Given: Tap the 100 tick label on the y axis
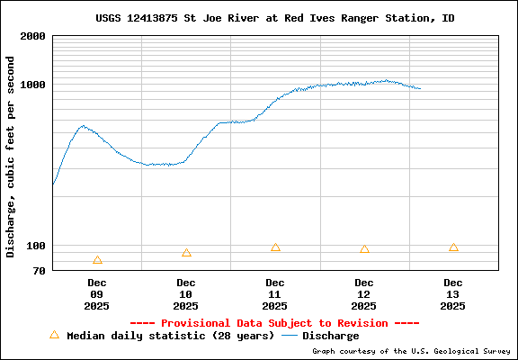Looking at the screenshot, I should click(x=35, y=246).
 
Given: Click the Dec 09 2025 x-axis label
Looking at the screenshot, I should click(x=97, y=294).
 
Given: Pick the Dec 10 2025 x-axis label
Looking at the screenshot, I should click(x=186, y=294).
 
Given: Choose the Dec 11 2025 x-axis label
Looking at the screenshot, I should click(x=275, y=294).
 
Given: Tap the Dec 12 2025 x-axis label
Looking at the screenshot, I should click(x=364, y=294).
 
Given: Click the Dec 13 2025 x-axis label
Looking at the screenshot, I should click(x=453, y=294).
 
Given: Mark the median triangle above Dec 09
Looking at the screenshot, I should click(x=97, y=260).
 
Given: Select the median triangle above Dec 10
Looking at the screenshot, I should click(x=186, y=253).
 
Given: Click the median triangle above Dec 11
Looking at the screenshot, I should click(x=275, y=247).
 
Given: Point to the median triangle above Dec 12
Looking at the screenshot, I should click(x=364, y=249).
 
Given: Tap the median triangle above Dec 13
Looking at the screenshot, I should click(x=453, y=247).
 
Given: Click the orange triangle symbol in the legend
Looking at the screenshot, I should click(x=54, y=335).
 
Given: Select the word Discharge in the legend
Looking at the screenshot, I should click(x=330, y=336).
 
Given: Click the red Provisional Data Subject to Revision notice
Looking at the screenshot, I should click(x=274, y=322).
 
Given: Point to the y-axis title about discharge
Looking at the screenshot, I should click(x=11, y=157).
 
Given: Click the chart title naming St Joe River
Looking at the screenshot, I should click(x=274, y=18).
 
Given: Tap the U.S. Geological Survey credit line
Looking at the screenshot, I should click(x=412, y=351).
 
